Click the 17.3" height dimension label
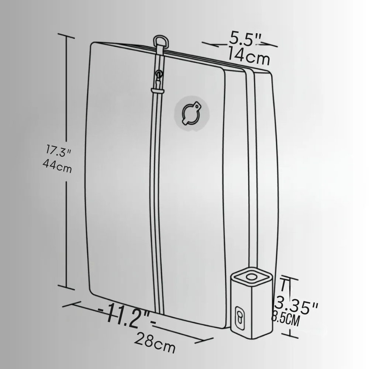58,151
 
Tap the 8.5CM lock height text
286,319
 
